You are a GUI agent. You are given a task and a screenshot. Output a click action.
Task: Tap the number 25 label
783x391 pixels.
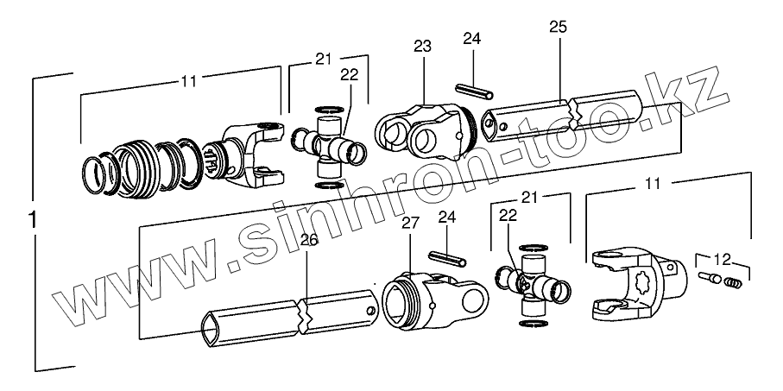(558, 28)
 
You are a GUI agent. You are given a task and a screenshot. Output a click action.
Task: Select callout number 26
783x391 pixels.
(308, 241)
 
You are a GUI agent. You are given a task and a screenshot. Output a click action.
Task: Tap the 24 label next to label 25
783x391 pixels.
(470, 40)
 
